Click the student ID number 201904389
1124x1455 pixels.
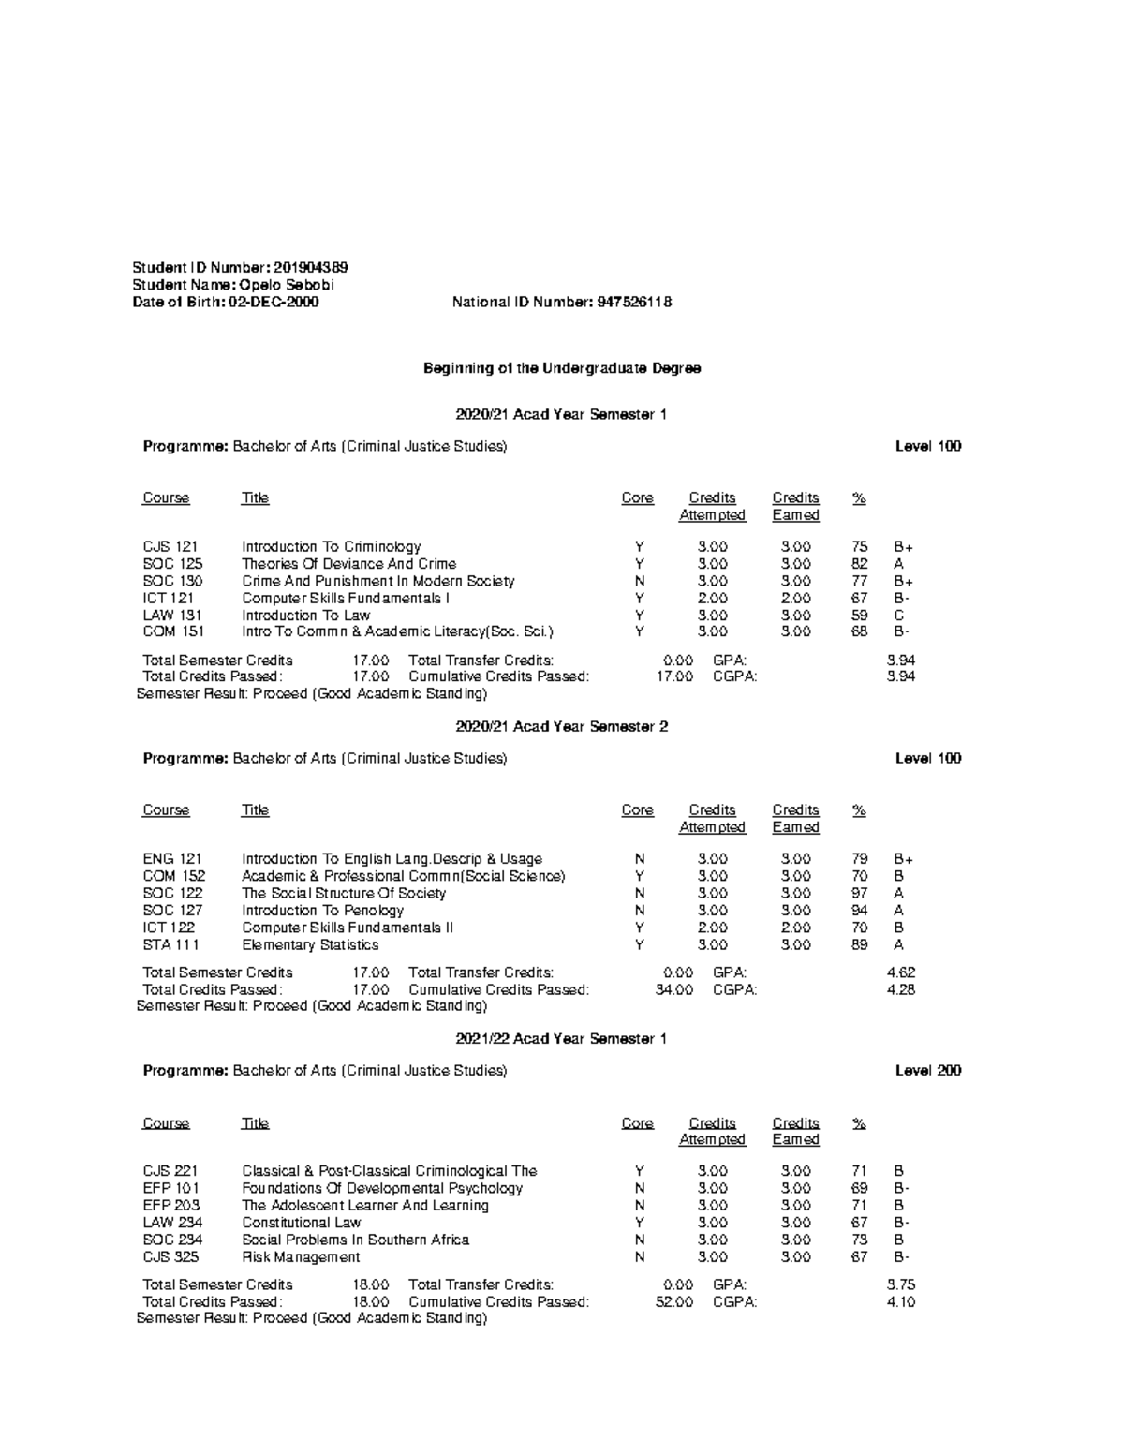pyautogui.click(x=311, y=268)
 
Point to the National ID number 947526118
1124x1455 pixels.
pyautogui.click(x=633, y=302)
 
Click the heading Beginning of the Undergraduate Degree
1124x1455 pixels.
pyautogui.click(x=562, y=368)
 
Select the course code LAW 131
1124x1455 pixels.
pyautogui.click(x=172, y=616)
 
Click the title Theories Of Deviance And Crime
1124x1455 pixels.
pyautogui.click(x=348, y=564)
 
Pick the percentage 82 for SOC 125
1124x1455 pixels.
pyautogui.click(x=860, y=564)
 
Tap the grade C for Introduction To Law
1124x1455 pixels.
pyautogui.click(x=898, y=616)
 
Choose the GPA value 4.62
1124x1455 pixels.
pyautogui.click(x=901, y=972)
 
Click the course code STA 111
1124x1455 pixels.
pyautogui.click(x=170, y=944)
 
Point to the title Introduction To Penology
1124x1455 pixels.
pyautogui.click(x=322, y=911)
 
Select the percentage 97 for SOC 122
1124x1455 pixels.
pyautogui.click(x=860, y=893)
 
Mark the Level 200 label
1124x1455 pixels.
pyautogui.click(x=928, y=1070)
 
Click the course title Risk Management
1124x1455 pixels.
pyautogui.click(x=301, y=1257)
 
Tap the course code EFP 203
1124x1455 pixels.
pyautogui.click(x=171, y=1205)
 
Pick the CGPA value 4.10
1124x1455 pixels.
pyautogui.click(x=901, y=1301)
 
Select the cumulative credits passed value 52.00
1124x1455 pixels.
pyautogui.click(x=674, y=1301)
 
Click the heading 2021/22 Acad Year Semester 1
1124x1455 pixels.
pyautogui.click(x=561, y=1038)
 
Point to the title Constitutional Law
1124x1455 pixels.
pyautogui.click(x=301, y=1223)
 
